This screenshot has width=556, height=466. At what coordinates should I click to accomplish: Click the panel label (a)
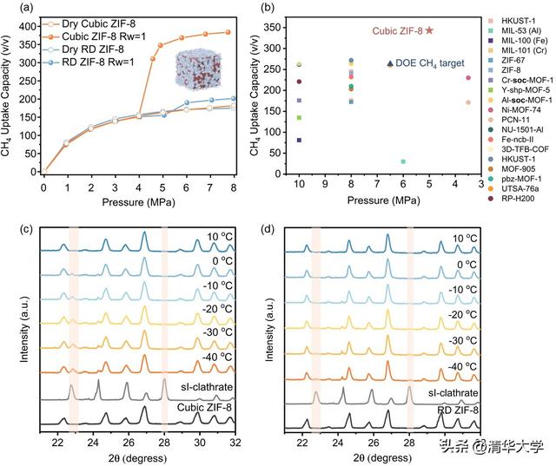[x=14, y=8]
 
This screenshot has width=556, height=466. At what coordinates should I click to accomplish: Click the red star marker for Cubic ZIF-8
[x=429, y=30]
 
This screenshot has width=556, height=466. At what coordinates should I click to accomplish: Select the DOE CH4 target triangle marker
[x=390, y=63]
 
